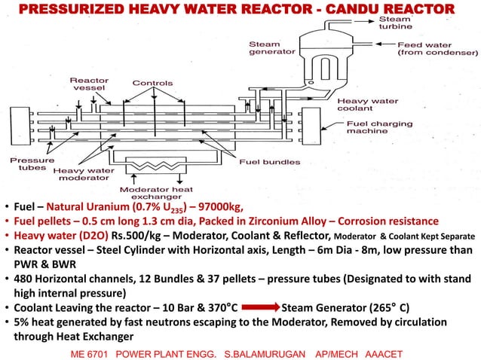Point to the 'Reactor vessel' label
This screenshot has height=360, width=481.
(x=89, y=84)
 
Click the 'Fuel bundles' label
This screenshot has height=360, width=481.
(x=269, y=161)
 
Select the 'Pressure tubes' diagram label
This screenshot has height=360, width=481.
(x=30, y=164)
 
